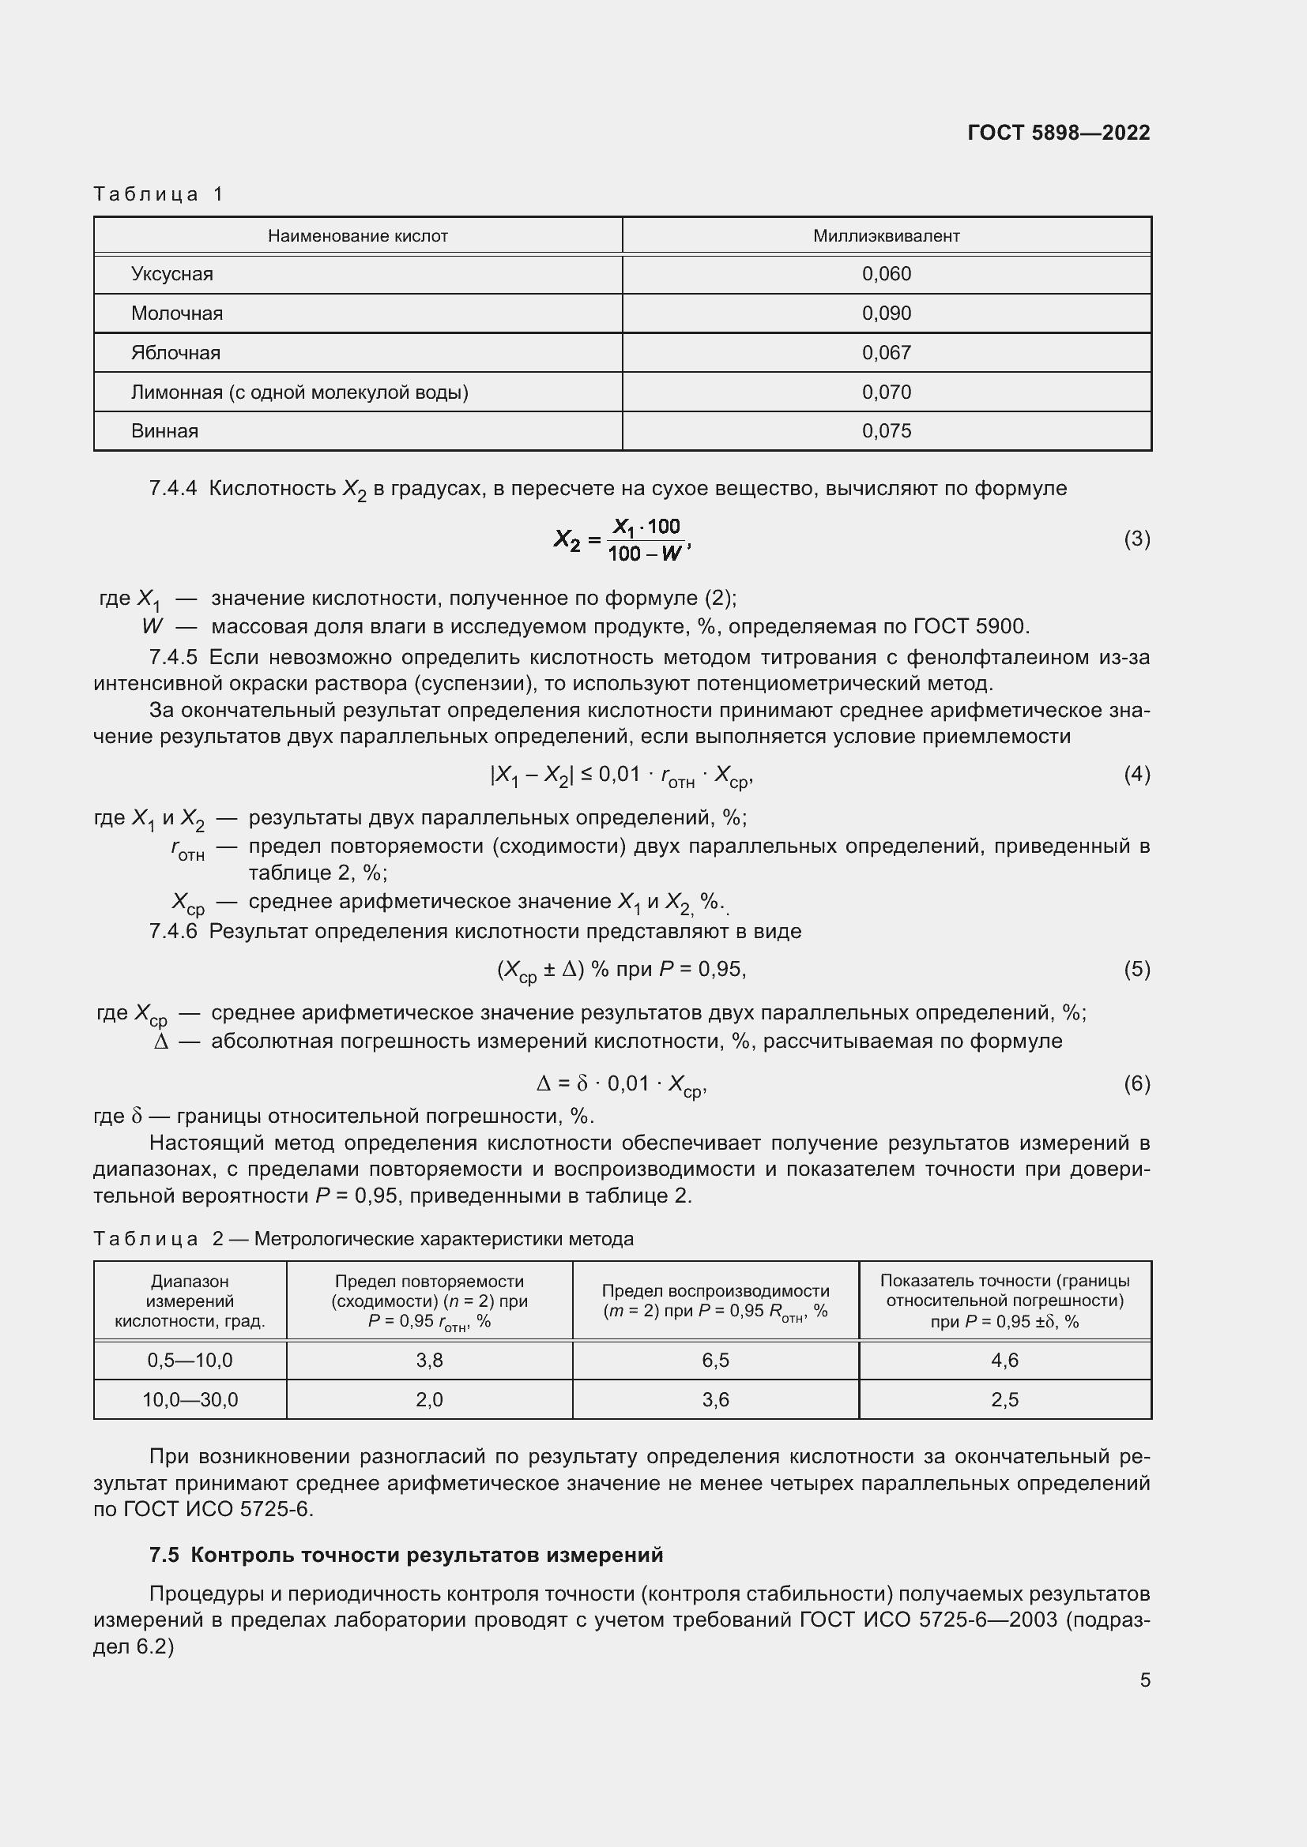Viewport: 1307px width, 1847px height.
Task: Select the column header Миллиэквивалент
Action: tap(885, 235)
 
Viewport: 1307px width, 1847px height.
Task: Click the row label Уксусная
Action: tap(171, 274)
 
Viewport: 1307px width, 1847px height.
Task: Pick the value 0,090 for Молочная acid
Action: tap(886, 313)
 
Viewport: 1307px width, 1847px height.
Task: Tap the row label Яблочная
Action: tap(175, 352)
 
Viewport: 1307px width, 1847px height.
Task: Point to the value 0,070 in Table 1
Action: tap(886, 392)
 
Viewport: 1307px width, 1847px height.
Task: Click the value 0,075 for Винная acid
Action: tap(886, 430)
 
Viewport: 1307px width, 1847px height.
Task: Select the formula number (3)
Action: tap(1136, 539)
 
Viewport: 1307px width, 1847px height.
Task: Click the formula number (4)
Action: tap(1136, 774)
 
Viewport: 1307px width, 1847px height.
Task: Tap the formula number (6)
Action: tap(1136, 1083)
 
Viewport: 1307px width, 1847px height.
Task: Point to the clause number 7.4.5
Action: tap(173, 657)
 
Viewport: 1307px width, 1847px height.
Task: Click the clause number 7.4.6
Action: tap(173, 931)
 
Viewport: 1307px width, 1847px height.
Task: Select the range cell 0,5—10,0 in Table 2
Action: tap(190, 1360)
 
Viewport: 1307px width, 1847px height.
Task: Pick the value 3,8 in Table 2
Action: tap(429, 1360)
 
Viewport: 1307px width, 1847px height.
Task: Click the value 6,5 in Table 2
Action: tap(714, 1360)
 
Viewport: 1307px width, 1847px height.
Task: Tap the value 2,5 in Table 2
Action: tap(1004, 1399)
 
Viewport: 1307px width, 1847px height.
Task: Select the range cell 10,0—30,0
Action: tap(190, 1399)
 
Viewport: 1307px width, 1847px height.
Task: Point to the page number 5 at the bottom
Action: tap(1144, 1680)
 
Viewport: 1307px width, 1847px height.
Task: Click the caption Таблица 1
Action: tap(158, 194)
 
